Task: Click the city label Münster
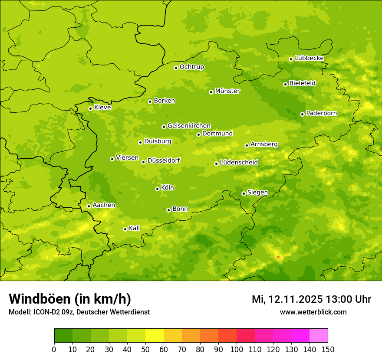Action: pos(227,91)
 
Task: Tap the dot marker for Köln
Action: pos(157,189)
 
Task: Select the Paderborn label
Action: pos(321,113)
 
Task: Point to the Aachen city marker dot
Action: pos(89,206)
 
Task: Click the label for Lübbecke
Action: pos(309,58)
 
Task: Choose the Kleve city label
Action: pos(102,108)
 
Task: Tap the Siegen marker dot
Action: pos(244,193)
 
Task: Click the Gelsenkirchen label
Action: pos(189,126)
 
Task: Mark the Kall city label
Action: pos(134,228)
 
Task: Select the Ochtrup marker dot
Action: pos(176,68)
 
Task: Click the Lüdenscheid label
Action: pos(239,163)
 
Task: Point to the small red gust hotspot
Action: pos(278,257)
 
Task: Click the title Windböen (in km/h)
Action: pos(70,299)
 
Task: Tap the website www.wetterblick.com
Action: pos(313,312)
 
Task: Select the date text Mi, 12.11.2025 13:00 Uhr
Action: pos(311,299)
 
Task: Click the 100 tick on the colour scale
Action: pos(237,349)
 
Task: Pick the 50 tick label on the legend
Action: pos(145,349)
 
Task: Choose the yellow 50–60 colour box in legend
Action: pos(155,336)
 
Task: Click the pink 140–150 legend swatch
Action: pos(319,336)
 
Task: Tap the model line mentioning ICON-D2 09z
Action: pos(79,312)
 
